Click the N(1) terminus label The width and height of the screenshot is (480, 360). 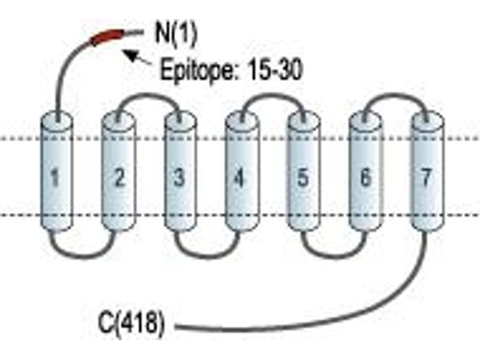tap(176, 35)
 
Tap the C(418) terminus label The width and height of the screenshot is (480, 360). tap(131, 323)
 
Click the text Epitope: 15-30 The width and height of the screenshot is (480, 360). tap(232, 70)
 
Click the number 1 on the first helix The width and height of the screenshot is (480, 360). tap(55, 178)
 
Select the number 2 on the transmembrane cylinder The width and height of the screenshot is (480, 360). tap(119, 177)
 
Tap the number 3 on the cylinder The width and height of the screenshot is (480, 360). tap(179, 177)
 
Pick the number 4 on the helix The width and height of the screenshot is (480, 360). tap(239, 178)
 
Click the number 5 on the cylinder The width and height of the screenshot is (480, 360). tap(303, 178)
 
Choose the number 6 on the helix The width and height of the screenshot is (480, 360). tap(365, 178)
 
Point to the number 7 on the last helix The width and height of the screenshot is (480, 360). tap(427, 177)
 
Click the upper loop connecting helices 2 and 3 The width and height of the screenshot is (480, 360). tap(148, 94)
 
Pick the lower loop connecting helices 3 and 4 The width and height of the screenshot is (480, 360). tap(207, 257)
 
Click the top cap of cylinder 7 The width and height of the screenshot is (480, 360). tap(428, 120)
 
